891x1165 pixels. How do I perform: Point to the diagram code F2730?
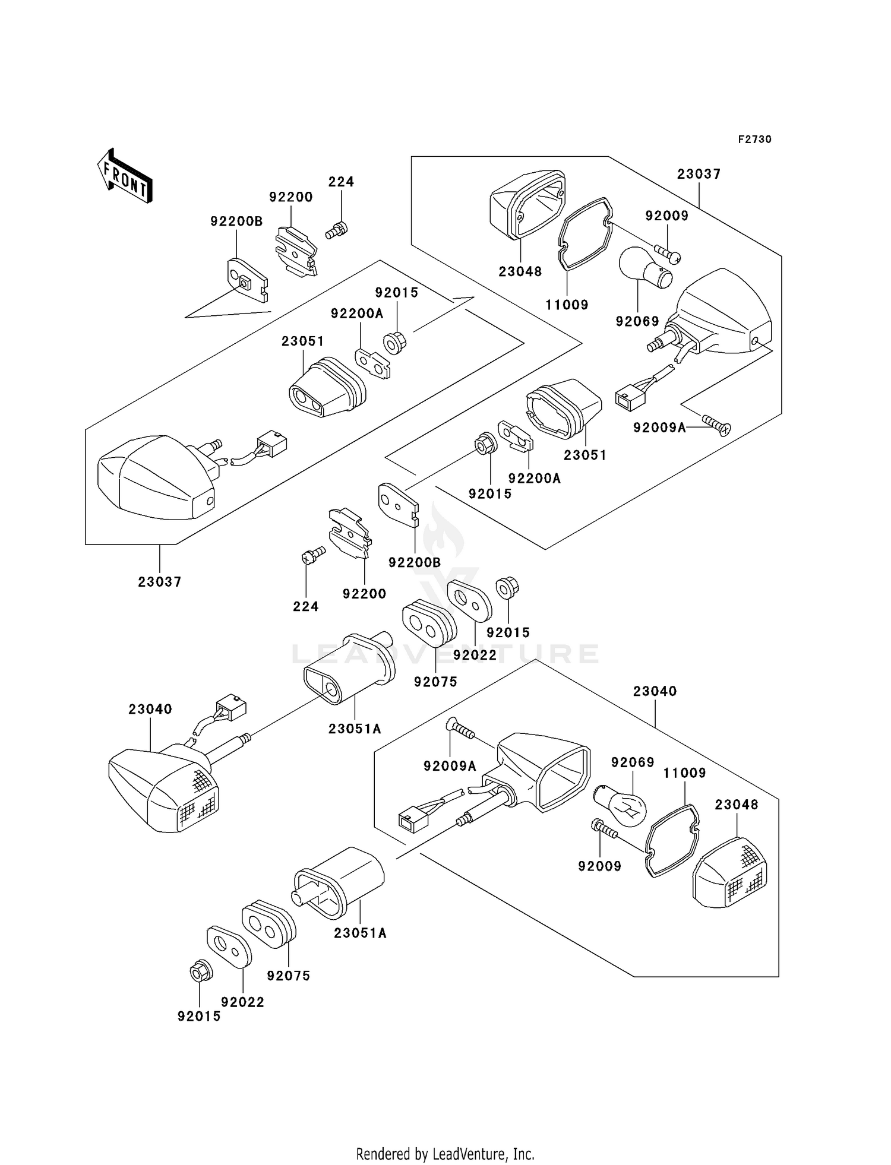click(x=754, y=140)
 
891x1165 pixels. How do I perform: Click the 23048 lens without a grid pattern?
click(x=527, y=205)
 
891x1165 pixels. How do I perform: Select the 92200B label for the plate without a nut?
click(x=415, y=562)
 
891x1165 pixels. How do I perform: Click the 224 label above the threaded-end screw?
click(x=341, y=182)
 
